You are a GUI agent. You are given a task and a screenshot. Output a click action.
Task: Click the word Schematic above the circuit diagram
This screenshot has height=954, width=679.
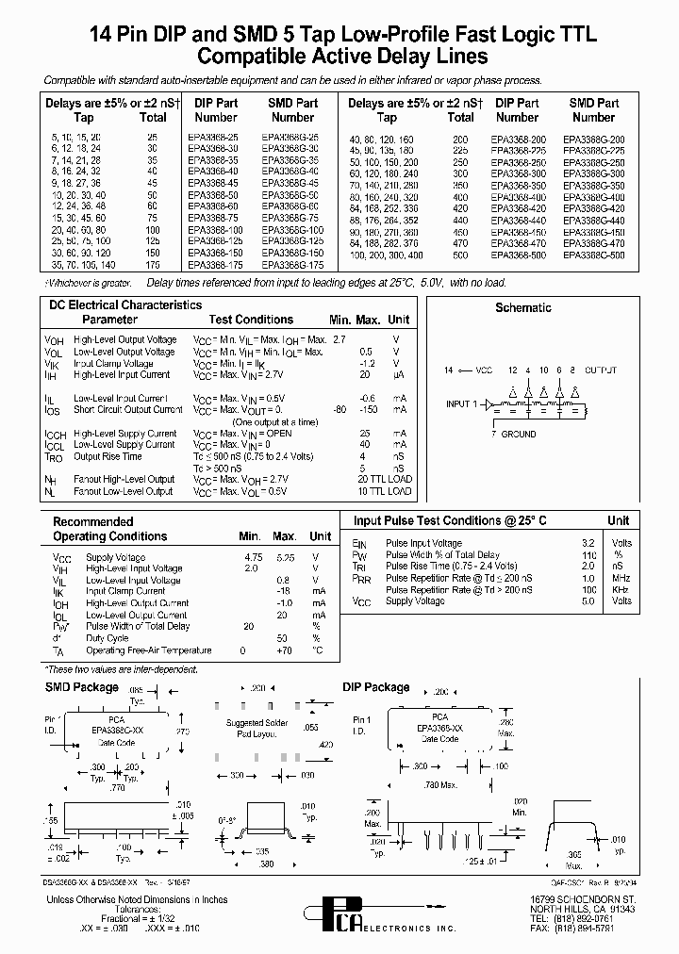[523, 307]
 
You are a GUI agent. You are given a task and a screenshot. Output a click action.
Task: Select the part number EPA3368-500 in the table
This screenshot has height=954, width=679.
[517, 255]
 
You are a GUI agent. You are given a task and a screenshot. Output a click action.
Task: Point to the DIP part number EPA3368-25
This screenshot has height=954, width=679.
[214, 138]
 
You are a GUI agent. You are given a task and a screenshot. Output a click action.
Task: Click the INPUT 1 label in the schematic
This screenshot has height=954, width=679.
[462, 404]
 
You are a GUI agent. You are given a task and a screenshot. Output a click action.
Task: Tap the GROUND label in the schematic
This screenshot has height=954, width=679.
[517, 435]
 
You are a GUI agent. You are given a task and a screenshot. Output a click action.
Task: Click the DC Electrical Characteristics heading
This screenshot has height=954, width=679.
[125, 305]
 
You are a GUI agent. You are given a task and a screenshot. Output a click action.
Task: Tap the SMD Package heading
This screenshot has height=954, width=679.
[82, 687]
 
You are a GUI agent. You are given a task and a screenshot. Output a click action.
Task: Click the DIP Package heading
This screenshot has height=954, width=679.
[376, 687]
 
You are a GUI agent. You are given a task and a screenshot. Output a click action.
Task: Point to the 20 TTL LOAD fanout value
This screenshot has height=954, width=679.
[385, 480]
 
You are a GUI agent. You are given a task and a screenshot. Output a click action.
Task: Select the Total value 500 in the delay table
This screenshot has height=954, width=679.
[459, 255]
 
